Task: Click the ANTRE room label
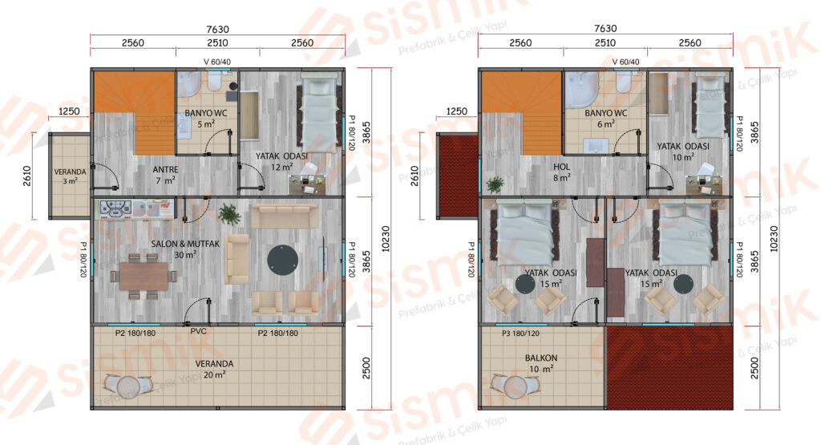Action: pos(165,170)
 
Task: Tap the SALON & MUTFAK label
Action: pos(185,244)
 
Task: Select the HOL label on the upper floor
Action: pos(561,167)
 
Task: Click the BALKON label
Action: pos(541,358)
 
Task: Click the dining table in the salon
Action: pos(144,276)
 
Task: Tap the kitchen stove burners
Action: pos(115,209)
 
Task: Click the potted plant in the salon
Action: pos(229,213)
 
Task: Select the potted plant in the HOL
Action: pos(494,184)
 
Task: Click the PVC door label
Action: pos(199,331)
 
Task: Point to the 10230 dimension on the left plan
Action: pos(386,239)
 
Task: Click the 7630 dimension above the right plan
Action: pos(605,28)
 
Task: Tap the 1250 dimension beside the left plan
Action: pos(69,111)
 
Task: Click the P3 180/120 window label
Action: pos(520,334)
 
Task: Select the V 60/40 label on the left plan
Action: pos(216,62)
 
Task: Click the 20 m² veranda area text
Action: pos(215,375)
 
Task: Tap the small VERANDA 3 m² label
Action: pos(71,176)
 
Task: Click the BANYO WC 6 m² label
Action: pos(606,119)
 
